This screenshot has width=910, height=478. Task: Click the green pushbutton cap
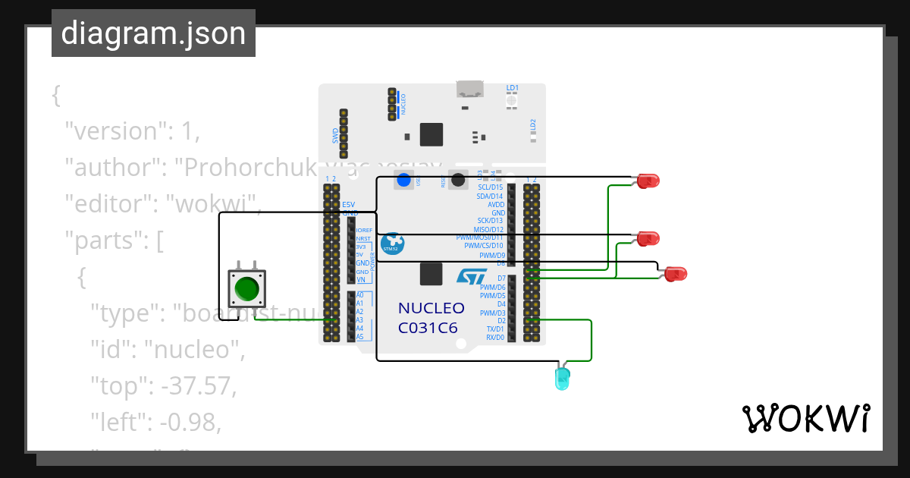click(247, 289)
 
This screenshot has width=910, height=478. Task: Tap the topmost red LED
click(648, 181)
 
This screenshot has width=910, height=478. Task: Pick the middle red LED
click(648, 238)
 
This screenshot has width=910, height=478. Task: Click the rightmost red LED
click(675, 274)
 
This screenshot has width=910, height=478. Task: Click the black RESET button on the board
click(458, 181)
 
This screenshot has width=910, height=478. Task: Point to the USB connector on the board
click(470, 89)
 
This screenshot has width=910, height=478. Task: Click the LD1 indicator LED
click(512, 101)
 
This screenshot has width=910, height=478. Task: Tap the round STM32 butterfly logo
click(392, 244)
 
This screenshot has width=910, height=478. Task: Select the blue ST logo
click(471, 275)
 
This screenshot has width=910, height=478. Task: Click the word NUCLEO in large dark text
click(431, 309)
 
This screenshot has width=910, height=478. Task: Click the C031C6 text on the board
click(428, 329)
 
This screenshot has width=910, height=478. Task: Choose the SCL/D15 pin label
click(490, 187)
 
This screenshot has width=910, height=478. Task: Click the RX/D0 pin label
click(494, 337)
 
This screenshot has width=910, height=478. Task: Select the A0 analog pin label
click(360, 295)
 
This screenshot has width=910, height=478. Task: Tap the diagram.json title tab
click(153, 33)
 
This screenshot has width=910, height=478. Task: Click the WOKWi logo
click(805, 418)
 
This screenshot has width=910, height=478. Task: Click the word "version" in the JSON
click(114, 131)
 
